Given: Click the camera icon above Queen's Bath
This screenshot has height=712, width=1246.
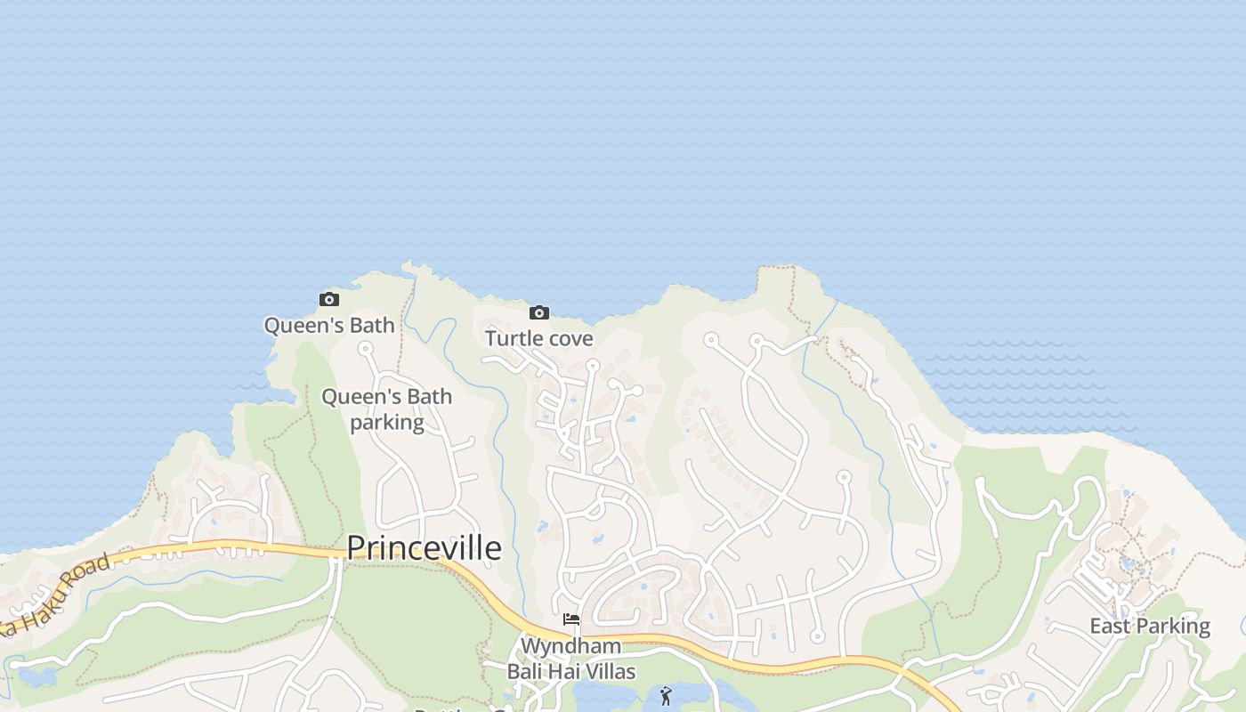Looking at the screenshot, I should coord(329,300).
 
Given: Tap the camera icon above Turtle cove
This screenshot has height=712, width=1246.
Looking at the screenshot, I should coord(538,312).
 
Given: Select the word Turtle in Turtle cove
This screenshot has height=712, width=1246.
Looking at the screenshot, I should coord(512,338).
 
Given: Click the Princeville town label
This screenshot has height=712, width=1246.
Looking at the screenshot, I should coord(424,548).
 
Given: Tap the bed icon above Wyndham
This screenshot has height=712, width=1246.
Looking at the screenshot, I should coord(571,619).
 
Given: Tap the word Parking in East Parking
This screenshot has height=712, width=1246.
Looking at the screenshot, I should coord(1173,627).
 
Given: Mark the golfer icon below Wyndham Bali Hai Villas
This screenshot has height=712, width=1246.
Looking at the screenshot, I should coord(666,696).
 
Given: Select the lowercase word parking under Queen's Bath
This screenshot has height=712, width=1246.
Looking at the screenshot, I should coord(386,422).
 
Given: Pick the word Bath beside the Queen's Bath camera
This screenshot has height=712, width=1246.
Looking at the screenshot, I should coord(371,325).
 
